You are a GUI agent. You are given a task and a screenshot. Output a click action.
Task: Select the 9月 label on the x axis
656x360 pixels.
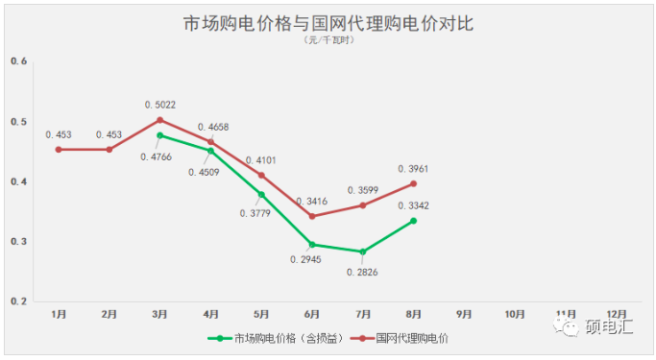tap(464, 314)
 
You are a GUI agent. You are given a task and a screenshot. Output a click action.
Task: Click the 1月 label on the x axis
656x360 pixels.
tap(59, 314)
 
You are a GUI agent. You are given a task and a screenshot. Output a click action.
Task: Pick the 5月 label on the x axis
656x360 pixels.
tap(261, 314)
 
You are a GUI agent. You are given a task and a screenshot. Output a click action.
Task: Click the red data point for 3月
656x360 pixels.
tap(159, 120)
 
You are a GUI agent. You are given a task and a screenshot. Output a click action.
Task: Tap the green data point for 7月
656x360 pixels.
tap(362, 252)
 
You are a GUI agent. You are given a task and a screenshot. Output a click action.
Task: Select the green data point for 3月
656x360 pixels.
tap(159, 135)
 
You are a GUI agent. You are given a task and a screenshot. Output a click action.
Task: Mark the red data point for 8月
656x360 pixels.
tap(413, 183)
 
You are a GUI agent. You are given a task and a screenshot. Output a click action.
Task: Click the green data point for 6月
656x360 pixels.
tap(311, 245)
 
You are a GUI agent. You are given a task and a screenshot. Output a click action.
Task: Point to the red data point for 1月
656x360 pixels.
tap(59, 149)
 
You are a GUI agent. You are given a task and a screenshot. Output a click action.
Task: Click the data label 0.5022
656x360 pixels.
tap(160, 104)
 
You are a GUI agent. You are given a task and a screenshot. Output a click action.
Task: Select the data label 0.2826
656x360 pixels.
tap(364, 273)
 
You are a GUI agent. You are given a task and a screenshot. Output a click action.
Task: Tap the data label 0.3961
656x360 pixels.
tap(414, 169)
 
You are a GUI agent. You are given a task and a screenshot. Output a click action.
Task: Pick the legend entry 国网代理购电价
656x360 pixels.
tap(411, 338)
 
